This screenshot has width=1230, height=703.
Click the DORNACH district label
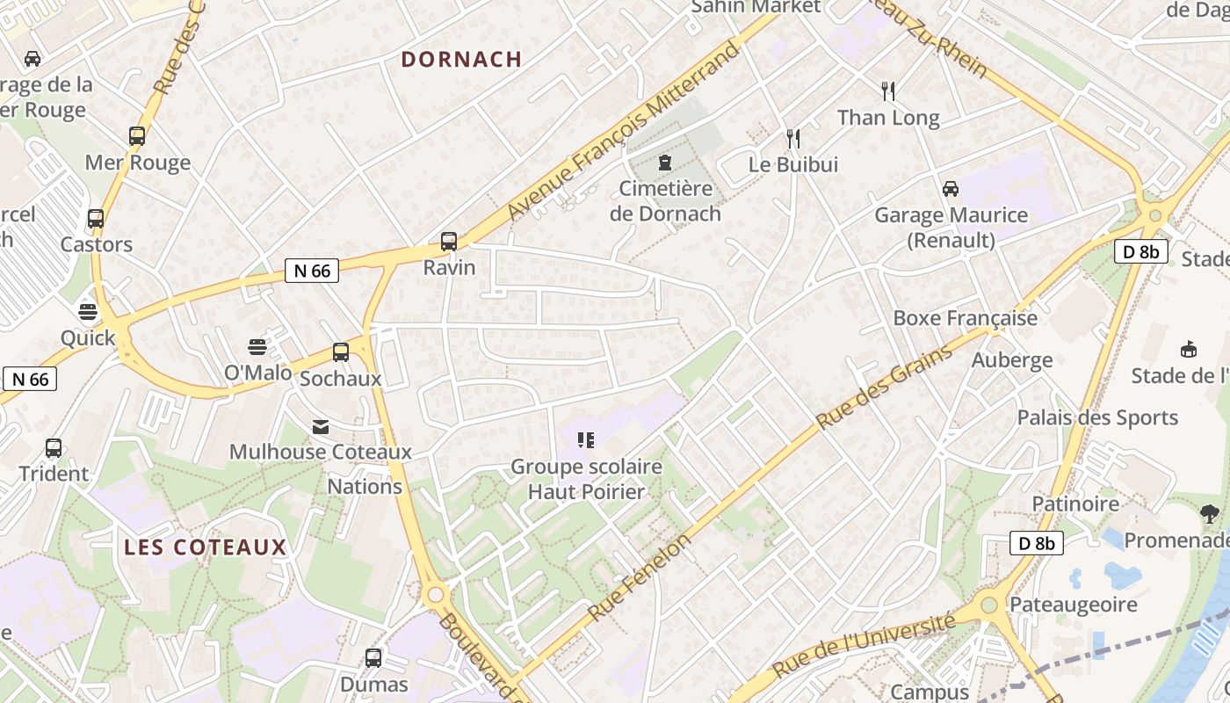pyautogui.click(x=461, y=59)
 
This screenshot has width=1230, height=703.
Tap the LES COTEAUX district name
pyautogui.click(x=206, y=547)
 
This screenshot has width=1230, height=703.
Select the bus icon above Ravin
pyautogui.click(x=449, y=241)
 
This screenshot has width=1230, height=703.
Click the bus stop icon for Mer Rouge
pyautogui.click(x=137, y=136)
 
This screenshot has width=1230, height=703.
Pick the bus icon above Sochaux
pyautogui.click(x=341, y=352)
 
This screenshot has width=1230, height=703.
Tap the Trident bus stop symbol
pyautogui.click(x=54, y=448)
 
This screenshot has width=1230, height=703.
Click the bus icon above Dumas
pyautogui.click(x=373, y=657)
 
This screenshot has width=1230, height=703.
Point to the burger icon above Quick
pyautogui.click(x=87, y=311)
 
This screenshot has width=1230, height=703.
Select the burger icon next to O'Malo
pyautogui.click(x=257, y=346)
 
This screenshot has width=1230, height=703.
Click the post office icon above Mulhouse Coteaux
pyautogui.click(x=321, y=427)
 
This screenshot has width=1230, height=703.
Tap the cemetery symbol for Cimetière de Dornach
pyautogui.click(x=665, y=163)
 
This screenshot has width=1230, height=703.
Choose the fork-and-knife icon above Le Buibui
pyautogui.click(x=793, y=138)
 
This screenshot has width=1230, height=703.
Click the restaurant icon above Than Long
pyautogui.click(x=888, y=91)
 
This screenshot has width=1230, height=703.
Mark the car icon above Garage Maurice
pyautogui.click(x=951, y=189)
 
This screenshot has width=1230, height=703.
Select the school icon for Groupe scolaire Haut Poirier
pyautogui.click(x=586, y=439)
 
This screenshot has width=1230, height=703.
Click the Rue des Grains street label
pyautogui.click(x=885, y=388)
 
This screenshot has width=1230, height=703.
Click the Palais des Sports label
pyautogui.click(x=1097, y=417)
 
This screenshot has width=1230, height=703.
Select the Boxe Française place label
pyautogui.click(x=965, y=318)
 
